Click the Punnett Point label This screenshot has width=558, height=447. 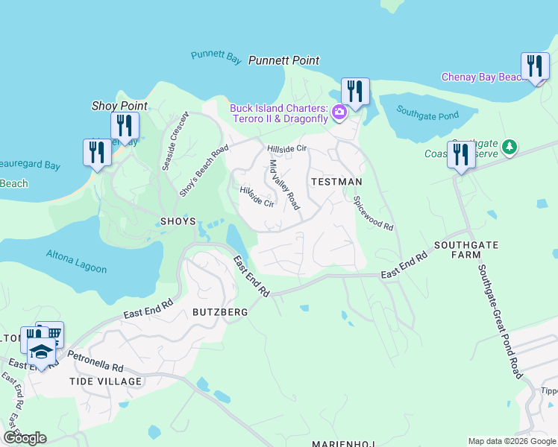[283, 60]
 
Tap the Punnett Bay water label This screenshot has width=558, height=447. [213, 55]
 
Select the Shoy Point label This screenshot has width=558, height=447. [119, 107]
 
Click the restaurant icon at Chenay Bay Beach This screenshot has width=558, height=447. [533, 66]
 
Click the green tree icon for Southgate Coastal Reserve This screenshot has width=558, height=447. [510, 147]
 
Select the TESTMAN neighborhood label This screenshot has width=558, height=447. [336, 182]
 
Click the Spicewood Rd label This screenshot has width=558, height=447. [372, 213]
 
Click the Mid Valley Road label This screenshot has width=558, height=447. [284, 184]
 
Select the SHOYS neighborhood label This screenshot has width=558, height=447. [178, 221]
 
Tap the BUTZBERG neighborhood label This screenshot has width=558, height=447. [219, 312]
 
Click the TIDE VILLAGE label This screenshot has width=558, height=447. [105, 381]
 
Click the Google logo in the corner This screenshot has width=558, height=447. [25, 438]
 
